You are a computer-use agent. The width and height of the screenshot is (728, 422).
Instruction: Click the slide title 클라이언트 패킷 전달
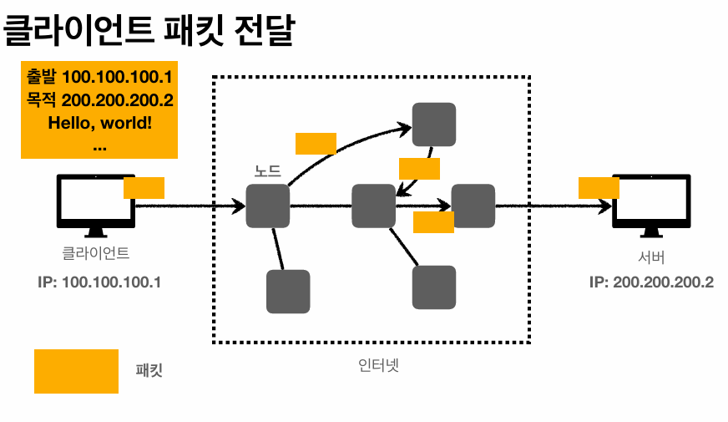coord(149,30)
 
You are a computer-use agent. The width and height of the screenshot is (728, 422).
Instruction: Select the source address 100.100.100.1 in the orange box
coord(117,77)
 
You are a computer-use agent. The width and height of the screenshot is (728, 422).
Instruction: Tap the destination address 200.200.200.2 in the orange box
coord(118,100)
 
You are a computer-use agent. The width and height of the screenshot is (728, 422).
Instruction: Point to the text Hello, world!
coord(100,123)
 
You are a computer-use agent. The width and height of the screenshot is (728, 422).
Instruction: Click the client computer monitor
coord(96,206)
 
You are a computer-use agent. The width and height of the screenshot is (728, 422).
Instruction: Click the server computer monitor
coord(651,206)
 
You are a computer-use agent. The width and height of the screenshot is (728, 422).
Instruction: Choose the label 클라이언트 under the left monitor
coord(96,253)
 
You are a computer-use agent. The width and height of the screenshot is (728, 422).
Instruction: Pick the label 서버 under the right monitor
coord(651,257)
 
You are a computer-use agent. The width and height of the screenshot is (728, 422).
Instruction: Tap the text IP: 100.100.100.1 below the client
coord(99,282)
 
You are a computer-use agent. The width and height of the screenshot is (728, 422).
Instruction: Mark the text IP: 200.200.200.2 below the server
coord(651,282)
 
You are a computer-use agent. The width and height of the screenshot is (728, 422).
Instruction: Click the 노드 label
coord(267,170)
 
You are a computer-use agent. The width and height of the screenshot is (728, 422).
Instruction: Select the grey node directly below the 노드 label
coord(267,206)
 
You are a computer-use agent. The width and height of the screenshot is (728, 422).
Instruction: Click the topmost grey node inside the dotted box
coord(434,125)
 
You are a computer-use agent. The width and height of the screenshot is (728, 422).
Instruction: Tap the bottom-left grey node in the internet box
coord(288,292)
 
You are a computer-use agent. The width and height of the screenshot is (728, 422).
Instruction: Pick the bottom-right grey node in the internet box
coord(434,287)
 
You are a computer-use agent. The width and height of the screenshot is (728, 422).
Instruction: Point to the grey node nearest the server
coord(473,206)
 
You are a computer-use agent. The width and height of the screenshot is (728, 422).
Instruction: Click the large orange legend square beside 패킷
coord(76,371)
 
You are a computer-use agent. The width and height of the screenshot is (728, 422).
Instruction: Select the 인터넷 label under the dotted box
coord(378,365)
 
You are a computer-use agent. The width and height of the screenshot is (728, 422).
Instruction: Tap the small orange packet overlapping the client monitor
coord(144,188)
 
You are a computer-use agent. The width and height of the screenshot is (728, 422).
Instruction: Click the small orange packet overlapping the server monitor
coord(599,188)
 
